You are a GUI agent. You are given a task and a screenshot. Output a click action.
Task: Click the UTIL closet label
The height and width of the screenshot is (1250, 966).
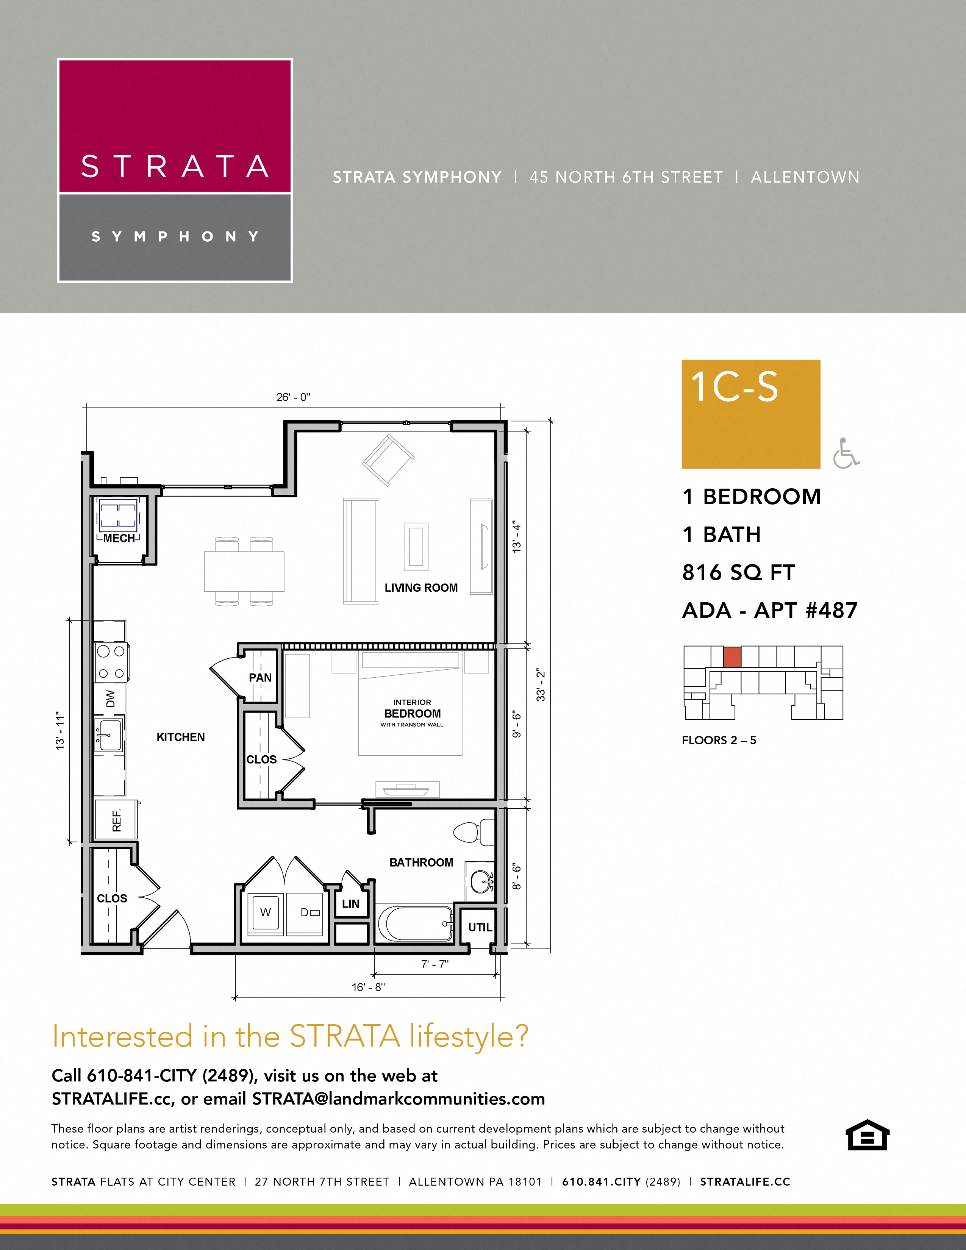(x=480, y=928)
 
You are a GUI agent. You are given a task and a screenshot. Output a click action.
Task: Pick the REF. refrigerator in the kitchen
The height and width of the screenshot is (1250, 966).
(x=116, y=820)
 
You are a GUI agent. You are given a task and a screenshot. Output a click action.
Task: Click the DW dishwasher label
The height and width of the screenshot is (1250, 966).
(x=111, y=698)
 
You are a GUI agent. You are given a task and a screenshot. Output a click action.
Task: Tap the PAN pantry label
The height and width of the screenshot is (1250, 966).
(x=260, y=678)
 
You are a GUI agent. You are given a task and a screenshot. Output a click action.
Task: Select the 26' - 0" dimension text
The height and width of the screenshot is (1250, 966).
(x=293, y=397)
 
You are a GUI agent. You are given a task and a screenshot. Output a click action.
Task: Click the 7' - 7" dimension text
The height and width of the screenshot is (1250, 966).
(x=435, y=964)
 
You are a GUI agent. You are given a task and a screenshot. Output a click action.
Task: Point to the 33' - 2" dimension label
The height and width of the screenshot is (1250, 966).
(x=540, y=685)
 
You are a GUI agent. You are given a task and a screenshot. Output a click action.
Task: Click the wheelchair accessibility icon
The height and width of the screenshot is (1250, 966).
(x=846, y=453)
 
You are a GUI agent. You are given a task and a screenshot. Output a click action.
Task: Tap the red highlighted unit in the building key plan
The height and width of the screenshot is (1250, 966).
(x=732, y=657)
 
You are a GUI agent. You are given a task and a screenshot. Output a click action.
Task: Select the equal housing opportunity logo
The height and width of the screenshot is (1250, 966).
(x=867, y=1135)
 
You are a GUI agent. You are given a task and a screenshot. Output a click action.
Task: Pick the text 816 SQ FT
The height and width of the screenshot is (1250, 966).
(x=738, y=572)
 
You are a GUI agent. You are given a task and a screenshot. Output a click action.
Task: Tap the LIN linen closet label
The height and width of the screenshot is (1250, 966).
(x=350, y=904)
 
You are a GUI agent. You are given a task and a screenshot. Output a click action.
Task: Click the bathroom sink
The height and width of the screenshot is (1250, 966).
(x=481, y=881)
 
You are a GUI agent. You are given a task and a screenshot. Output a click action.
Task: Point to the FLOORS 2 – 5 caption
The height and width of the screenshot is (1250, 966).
(x=719, y=740)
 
